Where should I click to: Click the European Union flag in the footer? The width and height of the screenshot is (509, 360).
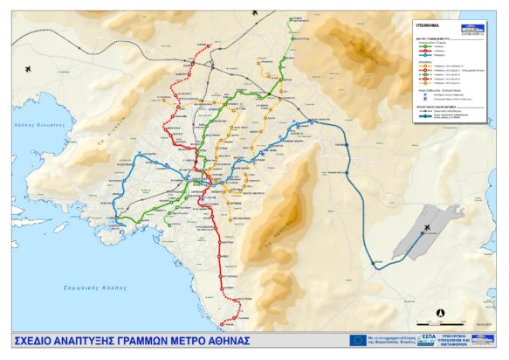pyautogui.click(x=357, y=340)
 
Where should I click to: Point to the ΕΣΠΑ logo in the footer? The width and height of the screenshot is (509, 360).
pyautogui.click(x=426, y=339)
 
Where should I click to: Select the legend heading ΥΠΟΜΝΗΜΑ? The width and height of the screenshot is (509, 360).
pyautogui.click(x=428, y=26)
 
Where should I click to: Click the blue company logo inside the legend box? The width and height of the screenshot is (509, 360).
pyautogui.click(x=476, y=27)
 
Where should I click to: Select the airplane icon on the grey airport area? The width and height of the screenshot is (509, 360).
pyautogui.click(x=427, y=228)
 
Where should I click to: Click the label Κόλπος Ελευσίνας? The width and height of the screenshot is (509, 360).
pyautogui.click(x=40, y=125)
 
